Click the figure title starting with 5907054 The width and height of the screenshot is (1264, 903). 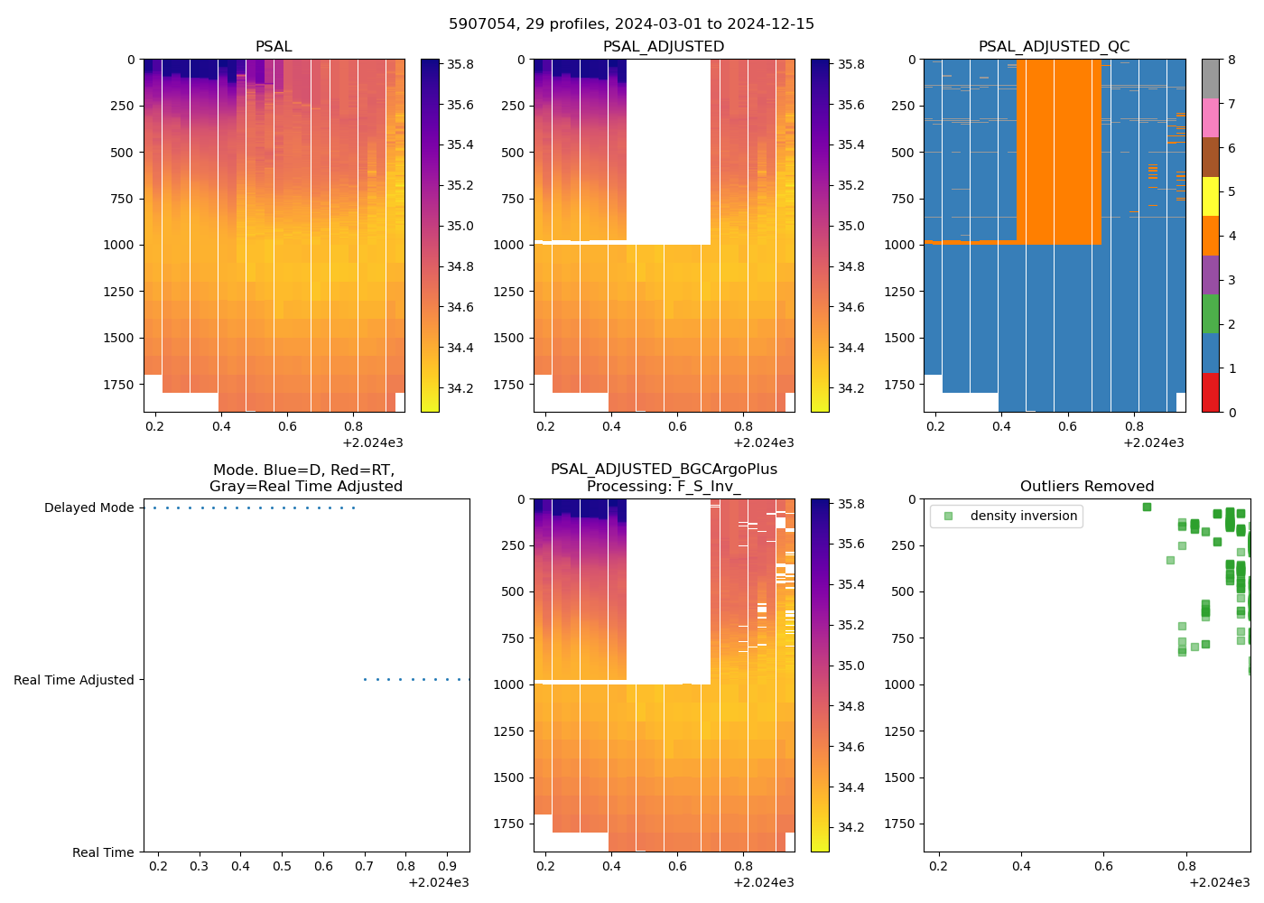point(631,24)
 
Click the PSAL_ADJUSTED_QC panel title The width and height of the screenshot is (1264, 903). point(1054,47)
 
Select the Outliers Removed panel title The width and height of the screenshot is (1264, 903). point(1086,487)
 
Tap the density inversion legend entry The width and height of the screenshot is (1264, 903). point(1023,517)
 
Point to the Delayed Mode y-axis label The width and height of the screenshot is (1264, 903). point(88,508)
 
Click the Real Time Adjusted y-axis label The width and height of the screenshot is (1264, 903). point(73,681)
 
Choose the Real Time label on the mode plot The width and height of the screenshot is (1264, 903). point(103,852)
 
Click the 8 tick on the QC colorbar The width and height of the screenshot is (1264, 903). point(1231,60)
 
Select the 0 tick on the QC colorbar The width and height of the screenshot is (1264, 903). point(1231,413)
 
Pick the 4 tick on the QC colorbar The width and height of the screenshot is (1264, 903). point(1231,237)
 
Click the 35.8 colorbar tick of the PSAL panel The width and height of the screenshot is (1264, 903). point(460,65)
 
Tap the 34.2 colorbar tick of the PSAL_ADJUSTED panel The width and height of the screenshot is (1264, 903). point(850,389)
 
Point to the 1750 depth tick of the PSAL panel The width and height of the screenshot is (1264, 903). point(118,385)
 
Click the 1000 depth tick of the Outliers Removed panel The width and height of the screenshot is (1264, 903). point(898,684)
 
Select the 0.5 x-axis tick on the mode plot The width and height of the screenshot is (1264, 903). point(282,867)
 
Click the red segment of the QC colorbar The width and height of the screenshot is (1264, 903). point(1210,393)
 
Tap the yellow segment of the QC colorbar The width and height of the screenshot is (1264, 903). point(1210,196)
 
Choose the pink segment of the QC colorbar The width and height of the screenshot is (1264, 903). point(1210,117)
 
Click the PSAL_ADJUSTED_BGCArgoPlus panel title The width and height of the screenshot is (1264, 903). point(664,478)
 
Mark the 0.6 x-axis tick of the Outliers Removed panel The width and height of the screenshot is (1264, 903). point(1103,867)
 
